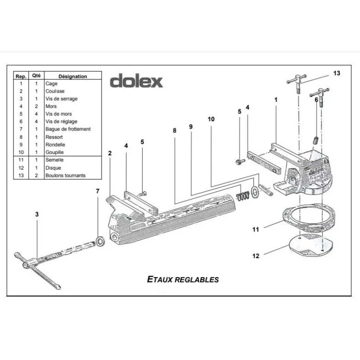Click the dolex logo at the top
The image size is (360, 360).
click(x=136, y=81)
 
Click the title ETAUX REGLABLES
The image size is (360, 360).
click(x=183, y=279)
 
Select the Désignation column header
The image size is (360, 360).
click(x=72, y=76)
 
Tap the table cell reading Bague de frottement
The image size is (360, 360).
click(x=68, y=129)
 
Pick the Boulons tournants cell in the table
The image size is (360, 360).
click(x=65, y=176)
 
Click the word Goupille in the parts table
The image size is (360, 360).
click(x=54, y=152)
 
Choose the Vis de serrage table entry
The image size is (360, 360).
click(x=61, y=99)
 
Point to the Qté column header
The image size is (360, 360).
click(x=36, y=76)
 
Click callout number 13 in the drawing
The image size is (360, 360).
click(x=336, y=73)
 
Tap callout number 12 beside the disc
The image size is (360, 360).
click(x=256, y=256)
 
